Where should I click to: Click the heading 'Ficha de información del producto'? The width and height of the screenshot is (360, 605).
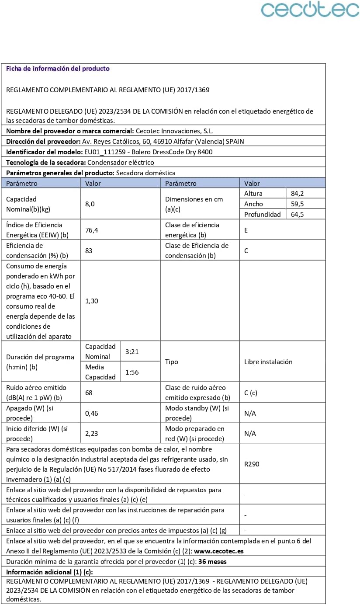click(x=58, y=69)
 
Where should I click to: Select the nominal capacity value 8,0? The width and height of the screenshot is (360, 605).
click(x=90, y=204)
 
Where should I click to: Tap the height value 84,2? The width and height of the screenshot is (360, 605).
click(x=297, y=193)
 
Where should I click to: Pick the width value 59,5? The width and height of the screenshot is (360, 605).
click(x=297, y=204)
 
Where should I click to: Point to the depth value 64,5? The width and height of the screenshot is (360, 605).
click(x=297, y=214)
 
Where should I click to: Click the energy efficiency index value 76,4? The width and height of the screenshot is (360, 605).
click(x=92, y=230)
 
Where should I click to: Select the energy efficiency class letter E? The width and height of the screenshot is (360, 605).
click(x=246, y=230)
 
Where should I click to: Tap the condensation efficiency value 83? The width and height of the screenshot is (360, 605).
click(x=89, y=250)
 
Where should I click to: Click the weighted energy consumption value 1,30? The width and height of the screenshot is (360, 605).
click(x=92, y=301)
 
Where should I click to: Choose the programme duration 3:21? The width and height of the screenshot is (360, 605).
click(x=132, y=351)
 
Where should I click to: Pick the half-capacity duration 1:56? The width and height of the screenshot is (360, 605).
click(x=132, y=372)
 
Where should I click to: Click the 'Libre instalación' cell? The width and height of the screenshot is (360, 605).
click(x=268, y=362)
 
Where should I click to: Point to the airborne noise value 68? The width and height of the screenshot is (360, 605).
click(x=89, y=393)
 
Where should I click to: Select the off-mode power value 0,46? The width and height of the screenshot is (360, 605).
click(x=92, y=413)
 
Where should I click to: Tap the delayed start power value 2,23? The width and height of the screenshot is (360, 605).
click(x=92, y=433)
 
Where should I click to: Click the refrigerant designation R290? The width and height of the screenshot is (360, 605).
click(x=252, y=464)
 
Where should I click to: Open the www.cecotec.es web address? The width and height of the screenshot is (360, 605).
click(x=218, y=551)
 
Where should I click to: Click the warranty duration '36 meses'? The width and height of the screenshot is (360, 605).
click(x=212, y=562)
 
